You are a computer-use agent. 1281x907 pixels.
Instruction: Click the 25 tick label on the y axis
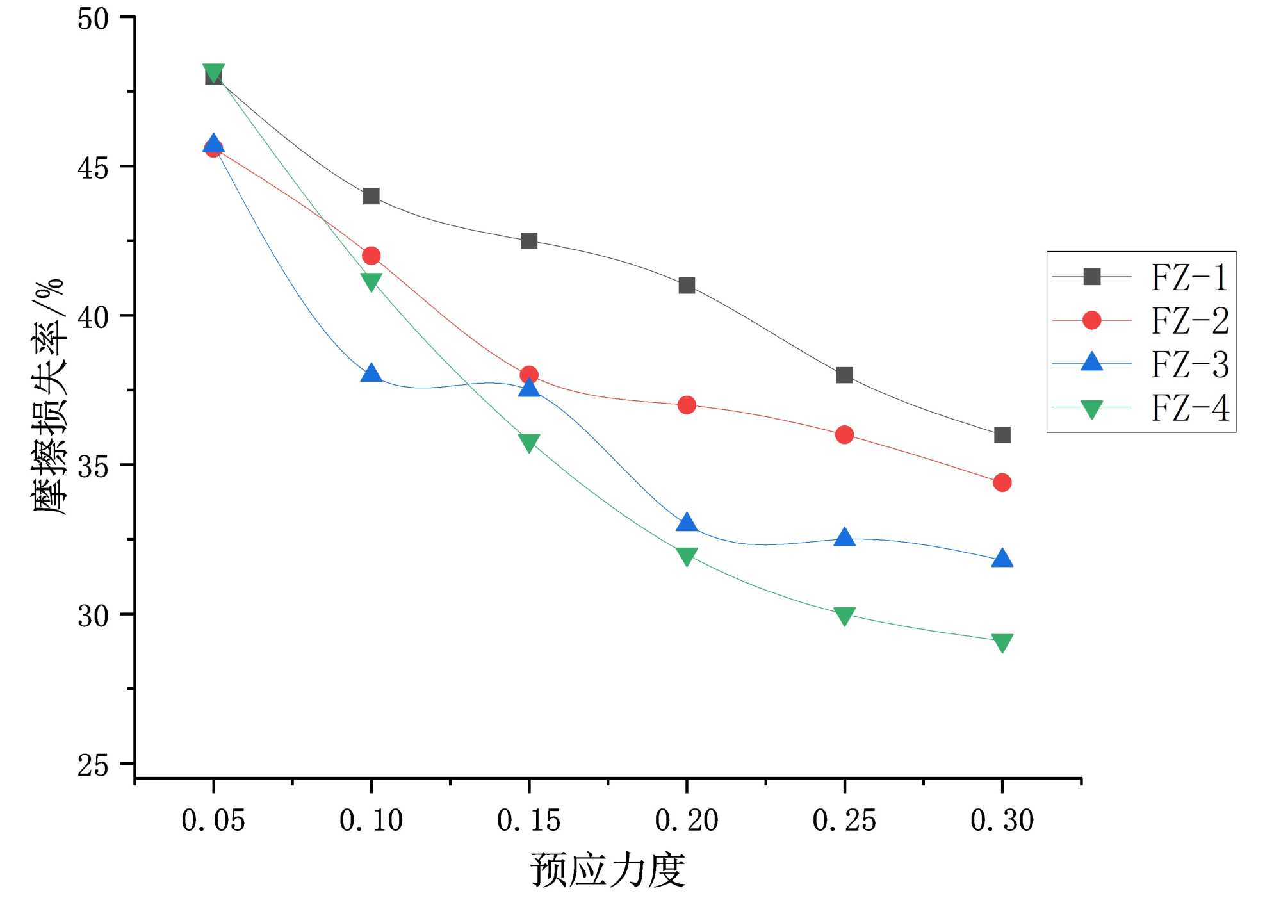click(x=94, y=764)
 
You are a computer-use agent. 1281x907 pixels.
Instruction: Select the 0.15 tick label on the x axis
click(x=528, y=821)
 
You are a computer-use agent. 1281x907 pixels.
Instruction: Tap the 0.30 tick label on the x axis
click(x=1002, y=821)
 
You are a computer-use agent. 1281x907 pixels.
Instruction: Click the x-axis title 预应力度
click(x=607, y=870)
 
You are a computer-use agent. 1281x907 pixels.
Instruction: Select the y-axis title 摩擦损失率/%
click(x=49, y=397)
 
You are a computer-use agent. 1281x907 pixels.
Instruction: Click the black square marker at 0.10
click(x=371, y=196)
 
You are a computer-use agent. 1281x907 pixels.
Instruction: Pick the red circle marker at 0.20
click(x=687, y=405)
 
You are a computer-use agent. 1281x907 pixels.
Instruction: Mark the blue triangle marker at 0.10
click(x=371, y=373)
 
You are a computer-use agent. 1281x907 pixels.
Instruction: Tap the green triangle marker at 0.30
click(x=1002, y=642)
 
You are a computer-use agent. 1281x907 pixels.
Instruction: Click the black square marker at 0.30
click(x=1002, y=435)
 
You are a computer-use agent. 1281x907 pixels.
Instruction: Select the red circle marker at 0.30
click(x=1002, y=482)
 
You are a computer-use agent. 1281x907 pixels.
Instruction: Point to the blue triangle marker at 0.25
click(x=844, y=537)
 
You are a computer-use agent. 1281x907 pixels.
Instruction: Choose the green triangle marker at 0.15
click(x=529, y=442)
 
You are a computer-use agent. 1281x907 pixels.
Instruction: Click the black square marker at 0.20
click(x=687, y=285)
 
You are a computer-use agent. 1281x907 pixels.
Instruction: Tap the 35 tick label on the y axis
click(x=94, y=466)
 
